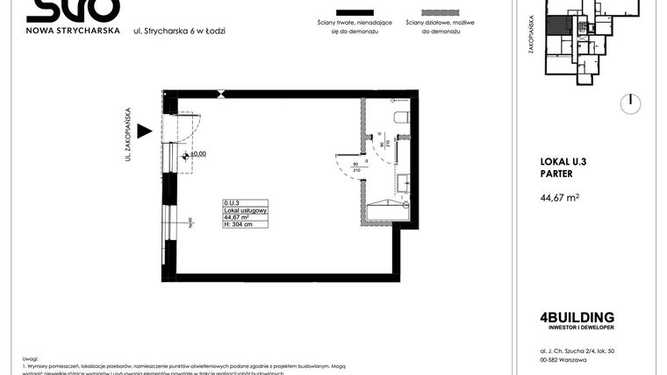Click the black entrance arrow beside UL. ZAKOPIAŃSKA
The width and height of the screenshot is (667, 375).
click(145, 131)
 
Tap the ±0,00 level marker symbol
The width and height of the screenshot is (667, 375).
click(185, 155)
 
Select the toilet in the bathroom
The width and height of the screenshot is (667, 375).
click(402, 117)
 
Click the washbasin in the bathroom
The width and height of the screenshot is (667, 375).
click(404, 184)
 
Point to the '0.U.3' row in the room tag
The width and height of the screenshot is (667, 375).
click(232, 203)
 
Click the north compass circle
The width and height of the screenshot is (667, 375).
click(629, 103)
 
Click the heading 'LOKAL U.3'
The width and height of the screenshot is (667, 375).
click(565, 160)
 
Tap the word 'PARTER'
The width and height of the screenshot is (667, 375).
click(558, 173)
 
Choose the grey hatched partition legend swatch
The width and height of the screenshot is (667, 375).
click(433, 16)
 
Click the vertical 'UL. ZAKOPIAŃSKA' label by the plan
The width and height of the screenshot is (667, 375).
click(128, 134)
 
